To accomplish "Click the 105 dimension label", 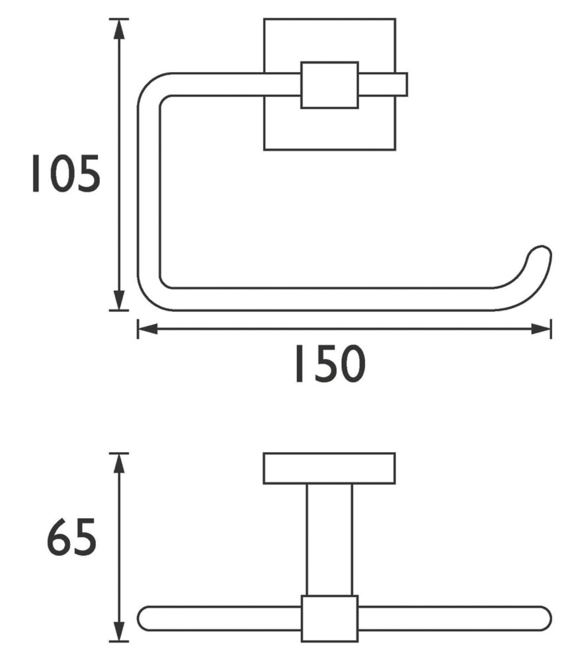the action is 66,174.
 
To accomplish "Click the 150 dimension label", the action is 330,364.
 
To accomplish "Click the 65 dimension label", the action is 71,537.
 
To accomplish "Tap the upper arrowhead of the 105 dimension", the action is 120,30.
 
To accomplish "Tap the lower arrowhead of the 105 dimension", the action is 120,299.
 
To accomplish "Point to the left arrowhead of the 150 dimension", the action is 148,329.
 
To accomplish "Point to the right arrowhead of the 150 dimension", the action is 540,329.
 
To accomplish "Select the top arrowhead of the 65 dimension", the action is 120,464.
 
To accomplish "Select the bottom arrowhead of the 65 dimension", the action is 120,631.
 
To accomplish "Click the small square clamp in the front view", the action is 330,85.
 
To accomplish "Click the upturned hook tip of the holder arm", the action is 540,256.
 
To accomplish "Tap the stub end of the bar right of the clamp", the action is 383,85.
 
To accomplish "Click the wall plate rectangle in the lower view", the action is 329,469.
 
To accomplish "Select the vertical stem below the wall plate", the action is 329,539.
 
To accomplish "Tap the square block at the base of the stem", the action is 330,619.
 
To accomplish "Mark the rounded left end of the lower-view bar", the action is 145,619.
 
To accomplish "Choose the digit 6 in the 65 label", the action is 58,537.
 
